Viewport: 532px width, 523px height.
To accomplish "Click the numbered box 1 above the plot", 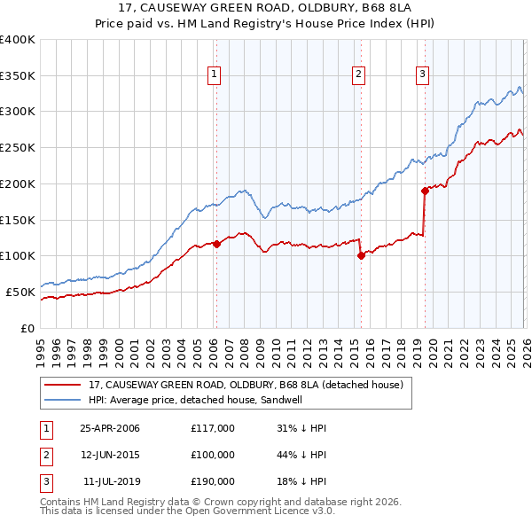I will pos(215,75).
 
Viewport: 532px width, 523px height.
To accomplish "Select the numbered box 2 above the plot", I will pos(359,75).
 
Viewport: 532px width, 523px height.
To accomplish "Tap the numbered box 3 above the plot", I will pos(422,75).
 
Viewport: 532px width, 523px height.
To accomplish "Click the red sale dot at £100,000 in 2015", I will pos(361,255).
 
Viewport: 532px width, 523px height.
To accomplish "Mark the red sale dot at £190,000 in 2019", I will pos(425,190).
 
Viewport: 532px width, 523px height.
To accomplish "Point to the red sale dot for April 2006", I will pos(216,243).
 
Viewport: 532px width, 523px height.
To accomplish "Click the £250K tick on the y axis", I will pos(17,147).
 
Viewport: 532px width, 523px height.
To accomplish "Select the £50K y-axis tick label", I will pos(20,291).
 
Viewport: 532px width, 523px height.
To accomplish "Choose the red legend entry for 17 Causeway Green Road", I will pos(246,386).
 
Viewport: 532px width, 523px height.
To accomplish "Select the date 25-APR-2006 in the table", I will pos(110,428).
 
